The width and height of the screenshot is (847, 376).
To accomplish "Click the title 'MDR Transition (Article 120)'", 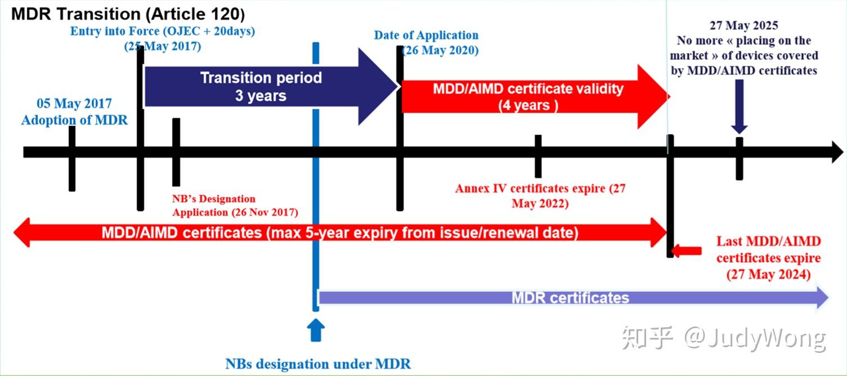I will [x=127, y=14].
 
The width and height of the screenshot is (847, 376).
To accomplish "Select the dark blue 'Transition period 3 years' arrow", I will [x=261, y=86].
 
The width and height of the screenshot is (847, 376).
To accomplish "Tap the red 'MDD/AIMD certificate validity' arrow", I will [x=527, y=96].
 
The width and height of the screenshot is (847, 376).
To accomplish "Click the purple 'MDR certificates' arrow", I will [x=570, y=298].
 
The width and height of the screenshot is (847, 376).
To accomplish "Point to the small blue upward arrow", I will [x=316, y=330].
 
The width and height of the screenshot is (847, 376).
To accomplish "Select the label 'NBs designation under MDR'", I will [x=318, y=364].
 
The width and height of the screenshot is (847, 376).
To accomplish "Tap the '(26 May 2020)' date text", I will [x=440, y=50].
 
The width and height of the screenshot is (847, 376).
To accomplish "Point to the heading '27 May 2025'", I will [x=743, y=25].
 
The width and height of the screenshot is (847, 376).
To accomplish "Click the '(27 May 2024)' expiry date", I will [x=768, y=275].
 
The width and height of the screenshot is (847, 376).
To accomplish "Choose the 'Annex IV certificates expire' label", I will [x=531, y=189].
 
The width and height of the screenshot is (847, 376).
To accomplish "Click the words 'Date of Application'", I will [x=426, y=35].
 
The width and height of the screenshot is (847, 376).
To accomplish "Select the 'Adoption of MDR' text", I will [x=74, y=119].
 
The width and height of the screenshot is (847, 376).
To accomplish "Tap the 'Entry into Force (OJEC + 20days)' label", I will [x=162, y=32].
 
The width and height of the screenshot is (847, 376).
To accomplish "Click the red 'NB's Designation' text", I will [x=214, y=199].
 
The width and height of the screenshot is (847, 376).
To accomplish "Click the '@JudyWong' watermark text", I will [x=755, y=338].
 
